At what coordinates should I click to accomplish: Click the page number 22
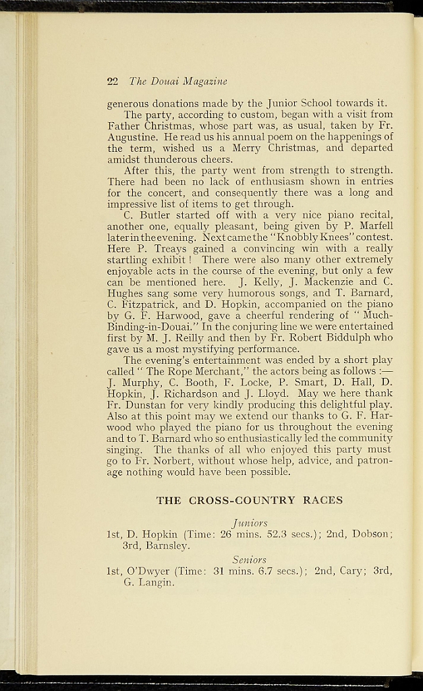coord(113,82)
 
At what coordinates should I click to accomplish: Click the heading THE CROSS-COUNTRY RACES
coord(250,501)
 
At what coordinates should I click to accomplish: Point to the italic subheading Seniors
coord(250,560)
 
